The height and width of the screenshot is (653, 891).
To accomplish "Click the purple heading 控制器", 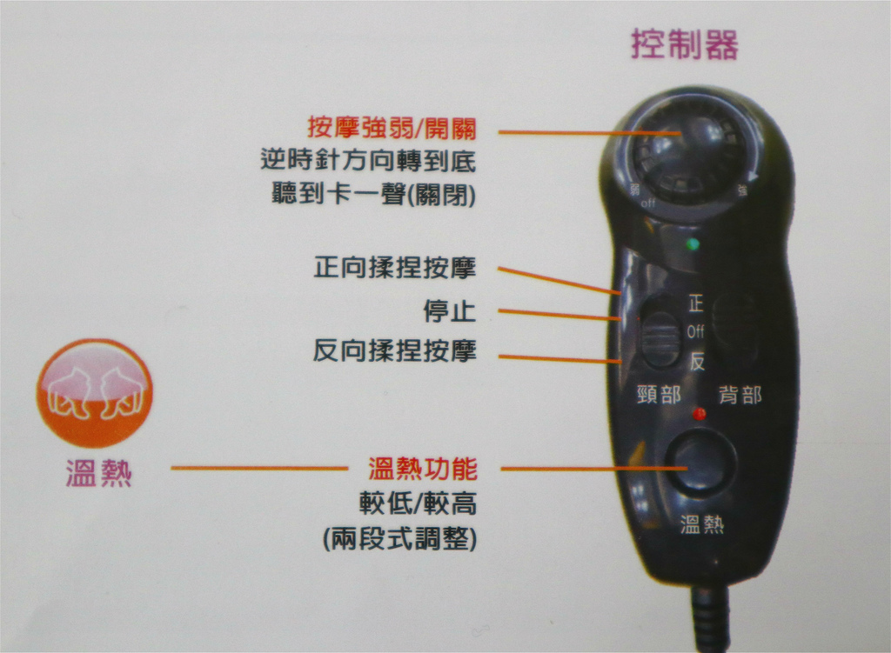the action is tap(684, 44).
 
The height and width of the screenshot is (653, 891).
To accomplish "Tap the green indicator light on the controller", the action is tap(693, 244).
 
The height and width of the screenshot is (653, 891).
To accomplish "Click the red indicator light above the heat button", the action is tap(700, 413).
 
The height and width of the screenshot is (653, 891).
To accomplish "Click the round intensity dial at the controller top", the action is tap(690, 157).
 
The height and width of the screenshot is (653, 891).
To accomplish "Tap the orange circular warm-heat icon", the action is tap(95, 393).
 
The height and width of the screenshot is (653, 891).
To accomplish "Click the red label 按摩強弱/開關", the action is tap(392, 128).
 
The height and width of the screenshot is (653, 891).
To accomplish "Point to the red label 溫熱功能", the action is tap(423, 469).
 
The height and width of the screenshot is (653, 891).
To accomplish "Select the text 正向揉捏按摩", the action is tap(395, 268).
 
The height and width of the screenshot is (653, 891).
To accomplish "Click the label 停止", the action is tap(450, 310).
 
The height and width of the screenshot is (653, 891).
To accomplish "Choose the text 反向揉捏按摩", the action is tap(395, 350).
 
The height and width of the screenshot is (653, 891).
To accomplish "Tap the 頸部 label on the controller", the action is tap(660, 394).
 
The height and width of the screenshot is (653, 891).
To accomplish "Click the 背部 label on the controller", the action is tap(740, 394).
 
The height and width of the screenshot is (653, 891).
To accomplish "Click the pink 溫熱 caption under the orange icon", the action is tap(99, 474).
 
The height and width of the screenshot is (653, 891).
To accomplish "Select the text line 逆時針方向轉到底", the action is tap(368, 161).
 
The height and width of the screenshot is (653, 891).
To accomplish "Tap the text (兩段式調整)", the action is tap(400, 538).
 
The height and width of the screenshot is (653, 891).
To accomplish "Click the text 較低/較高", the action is tap(419, 503).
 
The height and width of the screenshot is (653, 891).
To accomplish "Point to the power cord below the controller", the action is tap(710, 619).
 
